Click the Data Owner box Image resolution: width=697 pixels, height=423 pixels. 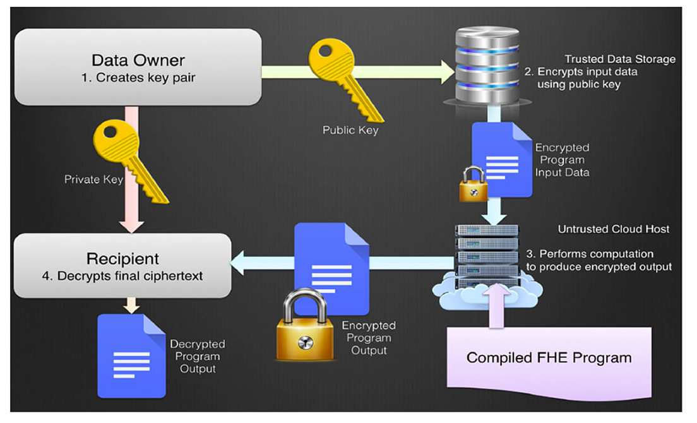tap(138, 67)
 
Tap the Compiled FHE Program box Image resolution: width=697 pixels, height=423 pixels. tap(549, 357)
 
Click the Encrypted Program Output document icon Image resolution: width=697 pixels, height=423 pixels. tap(332, 268)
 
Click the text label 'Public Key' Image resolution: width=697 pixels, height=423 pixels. tap(350, 131)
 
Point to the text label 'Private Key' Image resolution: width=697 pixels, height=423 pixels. tap(93, 180)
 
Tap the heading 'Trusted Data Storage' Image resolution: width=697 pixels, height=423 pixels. tap(619, 59)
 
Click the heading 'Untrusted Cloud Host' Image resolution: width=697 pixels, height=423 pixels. tap(613, 229)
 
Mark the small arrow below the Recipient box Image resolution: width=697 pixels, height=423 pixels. tap(130, 304)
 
